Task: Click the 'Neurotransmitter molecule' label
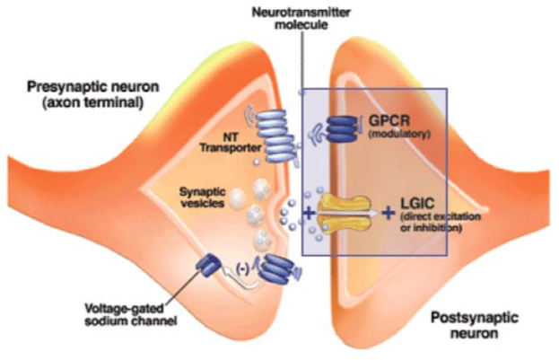point(301,19)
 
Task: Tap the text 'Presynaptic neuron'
point(93,87)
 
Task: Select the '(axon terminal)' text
point(93,103)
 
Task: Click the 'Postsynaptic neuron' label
point(474,325)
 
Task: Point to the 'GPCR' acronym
point(389,120)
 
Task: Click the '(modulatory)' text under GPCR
point(399,135)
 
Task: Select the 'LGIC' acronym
point(417,204)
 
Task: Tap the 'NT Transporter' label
point(231,143)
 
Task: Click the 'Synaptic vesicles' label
point(203,198)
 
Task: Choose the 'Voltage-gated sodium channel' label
point(131,314)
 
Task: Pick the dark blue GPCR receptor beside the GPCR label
point(341,128)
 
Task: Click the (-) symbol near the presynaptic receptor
point(243,269)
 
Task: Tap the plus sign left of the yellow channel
point(309,214)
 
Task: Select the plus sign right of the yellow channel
point(389,214)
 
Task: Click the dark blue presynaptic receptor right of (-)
point(276,269)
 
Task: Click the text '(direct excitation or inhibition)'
point(441,222)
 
